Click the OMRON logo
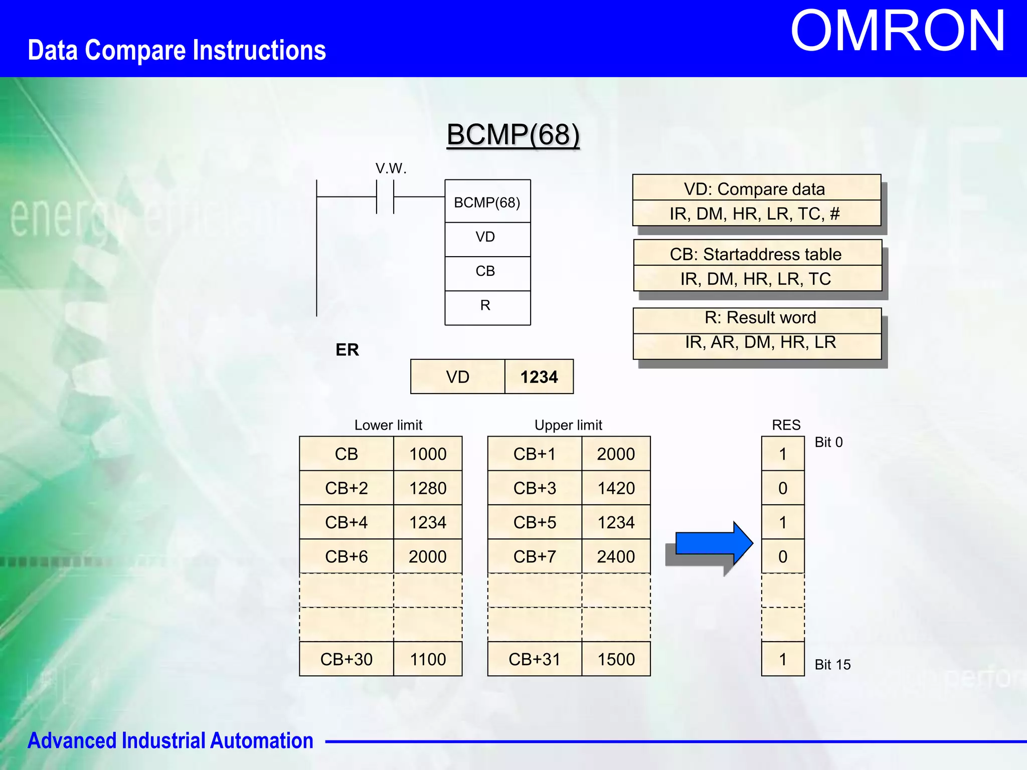tap(898, 31)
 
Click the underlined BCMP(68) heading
tap(513, 134)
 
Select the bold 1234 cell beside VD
tap(539, 377)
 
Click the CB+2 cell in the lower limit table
tap(346, 488)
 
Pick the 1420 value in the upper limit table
tap(616, 488)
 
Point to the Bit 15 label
tap(832, 665)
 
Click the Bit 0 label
tap(828, 442)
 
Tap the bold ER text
tap(347, 350)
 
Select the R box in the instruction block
tap(485, 306)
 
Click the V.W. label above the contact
tap(391, 168)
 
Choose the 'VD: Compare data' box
tap(756, 188)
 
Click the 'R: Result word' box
tap(759, 318)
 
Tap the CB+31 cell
tap(534, 659)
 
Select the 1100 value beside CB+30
tap(428, 659)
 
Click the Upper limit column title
tap(568, 425)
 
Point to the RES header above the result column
tap(786, 425)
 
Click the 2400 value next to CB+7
tap(616, 556)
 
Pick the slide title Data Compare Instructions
tap(177, 50)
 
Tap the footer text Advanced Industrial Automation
tap(170, 741)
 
